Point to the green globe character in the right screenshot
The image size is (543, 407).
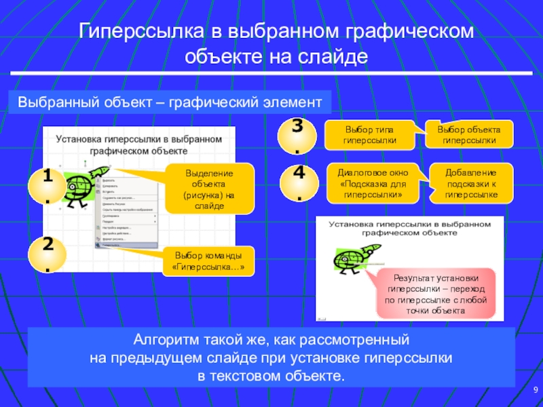[x=350, y=260]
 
